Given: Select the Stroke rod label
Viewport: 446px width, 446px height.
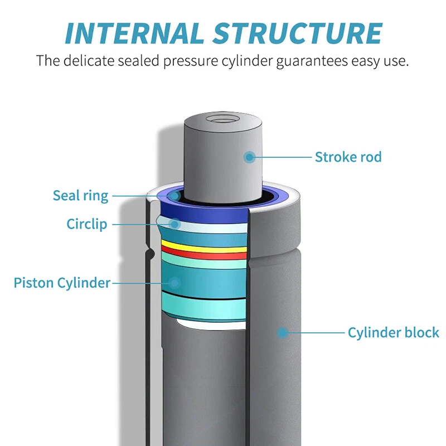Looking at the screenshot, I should (348, 157).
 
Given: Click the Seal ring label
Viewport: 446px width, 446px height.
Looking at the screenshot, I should (80, 196).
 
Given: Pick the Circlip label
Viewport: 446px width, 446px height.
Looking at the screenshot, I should (87, 225).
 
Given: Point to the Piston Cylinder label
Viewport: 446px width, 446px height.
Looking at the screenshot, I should (62, 283).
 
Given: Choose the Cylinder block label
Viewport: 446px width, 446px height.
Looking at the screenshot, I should (393, 333).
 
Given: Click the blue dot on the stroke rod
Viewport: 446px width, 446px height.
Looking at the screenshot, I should (250, 157).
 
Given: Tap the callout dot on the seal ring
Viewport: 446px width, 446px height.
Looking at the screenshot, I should (175, 196).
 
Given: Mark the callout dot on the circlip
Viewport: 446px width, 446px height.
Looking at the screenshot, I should (175, 224).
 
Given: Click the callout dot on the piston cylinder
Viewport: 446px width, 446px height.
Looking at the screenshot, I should (175, 283).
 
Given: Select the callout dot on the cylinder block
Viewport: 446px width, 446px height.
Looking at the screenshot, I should (283, 333).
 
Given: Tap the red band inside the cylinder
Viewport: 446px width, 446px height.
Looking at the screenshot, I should (203, 255).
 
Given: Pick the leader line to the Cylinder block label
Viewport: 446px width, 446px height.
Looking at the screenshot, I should (315, 333).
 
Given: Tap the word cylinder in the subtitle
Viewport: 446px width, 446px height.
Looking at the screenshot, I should (247, 60).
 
